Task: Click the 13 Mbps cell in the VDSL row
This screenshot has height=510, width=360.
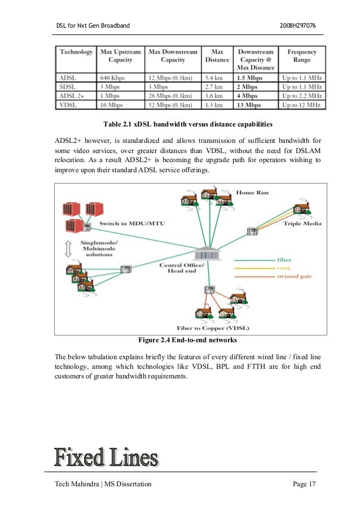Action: (x=249, y=104)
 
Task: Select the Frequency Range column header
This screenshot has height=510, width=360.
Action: (x=302, y=55)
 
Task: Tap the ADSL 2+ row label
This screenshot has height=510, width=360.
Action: (x=71, y=96)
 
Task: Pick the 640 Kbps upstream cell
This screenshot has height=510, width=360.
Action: (x=112, y=78)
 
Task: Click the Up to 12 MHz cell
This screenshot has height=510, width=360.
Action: (x=302, y=104)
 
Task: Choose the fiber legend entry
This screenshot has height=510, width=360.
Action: (x=284, y=260)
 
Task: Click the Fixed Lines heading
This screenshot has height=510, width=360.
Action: (x=106, y=457)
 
